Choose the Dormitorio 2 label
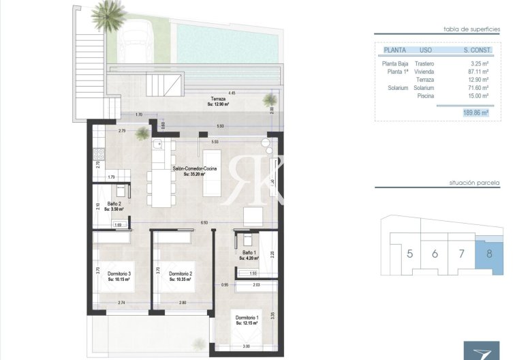[x=181, y=275]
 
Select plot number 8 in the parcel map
[x=488, y=254]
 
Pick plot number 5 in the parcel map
[x=409, y=254]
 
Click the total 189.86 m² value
[x=476, y=113]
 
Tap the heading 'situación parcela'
[x=469, y=184]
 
